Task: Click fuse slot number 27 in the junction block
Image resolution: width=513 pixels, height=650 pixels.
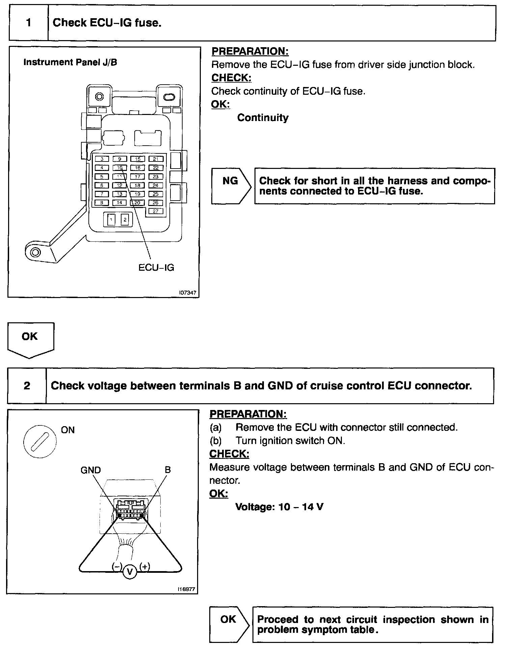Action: [156, 211]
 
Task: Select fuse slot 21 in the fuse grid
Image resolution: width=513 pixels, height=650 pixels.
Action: [156, 159]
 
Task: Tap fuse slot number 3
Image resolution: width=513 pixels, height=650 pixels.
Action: [102, 159]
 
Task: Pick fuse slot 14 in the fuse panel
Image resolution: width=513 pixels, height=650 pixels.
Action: [120, 203]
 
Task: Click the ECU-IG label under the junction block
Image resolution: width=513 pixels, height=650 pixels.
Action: [156, 268]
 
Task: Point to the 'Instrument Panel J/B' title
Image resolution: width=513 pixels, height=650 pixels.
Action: [70, 62]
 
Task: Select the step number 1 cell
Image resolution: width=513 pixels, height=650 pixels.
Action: [29, 23]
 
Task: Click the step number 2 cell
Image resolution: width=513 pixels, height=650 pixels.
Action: [27, 386]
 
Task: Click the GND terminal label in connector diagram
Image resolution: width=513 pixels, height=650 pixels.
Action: [90, 470]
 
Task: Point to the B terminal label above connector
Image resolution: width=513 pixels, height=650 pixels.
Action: [168, 470]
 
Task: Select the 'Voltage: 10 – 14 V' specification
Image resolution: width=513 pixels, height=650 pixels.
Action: [279, 507]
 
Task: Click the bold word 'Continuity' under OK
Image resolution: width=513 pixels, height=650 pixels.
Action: [263, 118]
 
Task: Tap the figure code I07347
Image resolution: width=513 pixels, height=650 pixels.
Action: [188, 293]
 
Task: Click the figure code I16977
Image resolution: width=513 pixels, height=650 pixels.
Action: [187, 589]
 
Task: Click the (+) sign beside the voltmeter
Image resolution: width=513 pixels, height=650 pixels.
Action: [145, 567]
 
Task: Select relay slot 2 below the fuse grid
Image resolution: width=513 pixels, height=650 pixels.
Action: [125, 220]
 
